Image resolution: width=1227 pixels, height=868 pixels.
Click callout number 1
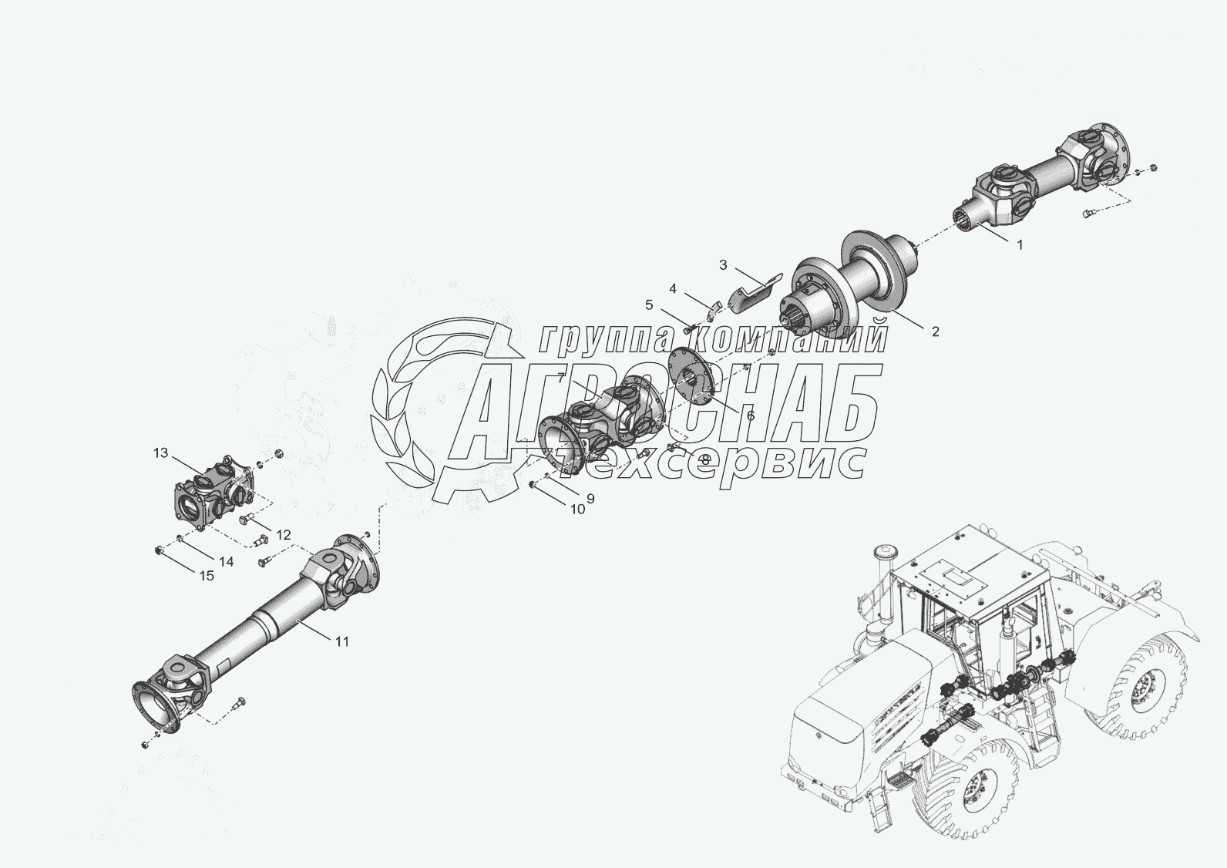[x=1019, y=245]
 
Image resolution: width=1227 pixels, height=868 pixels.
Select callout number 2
[x=935, y=331]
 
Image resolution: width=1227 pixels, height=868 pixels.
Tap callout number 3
[x=723, y=265]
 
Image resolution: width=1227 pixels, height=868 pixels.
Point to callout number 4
[x=673, y=288]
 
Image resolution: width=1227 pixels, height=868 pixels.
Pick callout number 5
[x=649, y=304]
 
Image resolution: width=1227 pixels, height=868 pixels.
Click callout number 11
[x=342, y=641]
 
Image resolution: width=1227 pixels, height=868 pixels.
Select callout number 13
[x=160, y=453]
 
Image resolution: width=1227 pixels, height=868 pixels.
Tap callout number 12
[x=284, y=534]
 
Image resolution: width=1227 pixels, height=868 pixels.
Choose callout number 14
[x=225, y=562]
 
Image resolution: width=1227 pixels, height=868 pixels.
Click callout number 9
[x=590, y=499]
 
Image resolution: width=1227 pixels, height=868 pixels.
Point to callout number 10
[x=577, y=509]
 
